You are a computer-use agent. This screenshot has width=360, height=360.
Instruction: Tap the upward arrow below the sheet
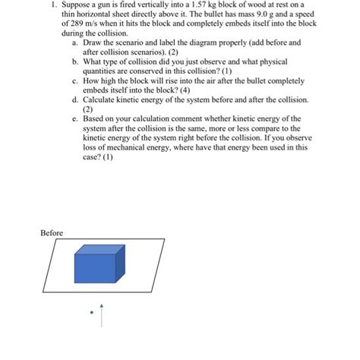(x=100, y=314)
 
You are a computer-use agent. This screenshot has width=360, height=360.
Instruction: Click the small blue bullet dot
(x=90, y=312)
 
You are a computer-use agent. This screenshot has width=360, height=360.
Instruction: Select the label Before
(x=52, y=232)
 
